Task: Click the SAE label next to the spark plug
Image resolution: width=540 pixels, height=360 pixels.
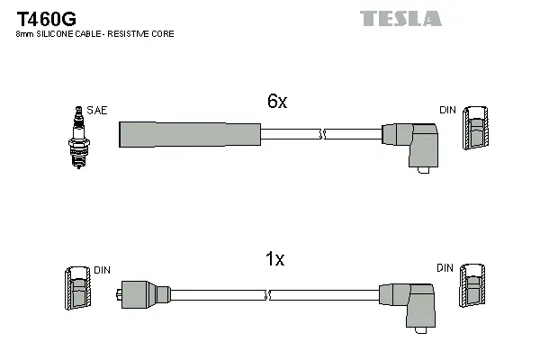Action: pos(97,111)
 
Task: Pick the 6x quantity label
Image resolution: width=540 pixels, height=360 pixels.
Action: pos(276,102)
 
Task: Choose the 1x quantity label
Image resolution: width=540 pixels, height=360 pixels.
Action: pos(275,259)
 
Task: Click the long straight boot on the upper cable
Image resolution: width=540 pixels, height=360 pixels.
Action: pos(189,134)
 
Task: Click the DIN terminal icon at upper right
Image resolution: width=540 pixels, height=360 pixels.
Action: pos(476,127)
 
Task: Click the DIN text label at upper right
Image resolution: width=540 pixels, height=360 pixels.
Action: pos(446,110)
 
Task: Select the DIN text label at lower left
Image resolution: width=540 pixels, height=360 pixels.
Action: pos(102,269)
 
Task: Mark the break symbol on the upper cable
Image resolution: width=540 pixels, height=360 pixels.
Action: pos(321,134)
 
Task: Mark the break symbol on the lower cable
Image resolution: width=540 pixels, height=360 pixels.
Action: pos(267,294)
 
